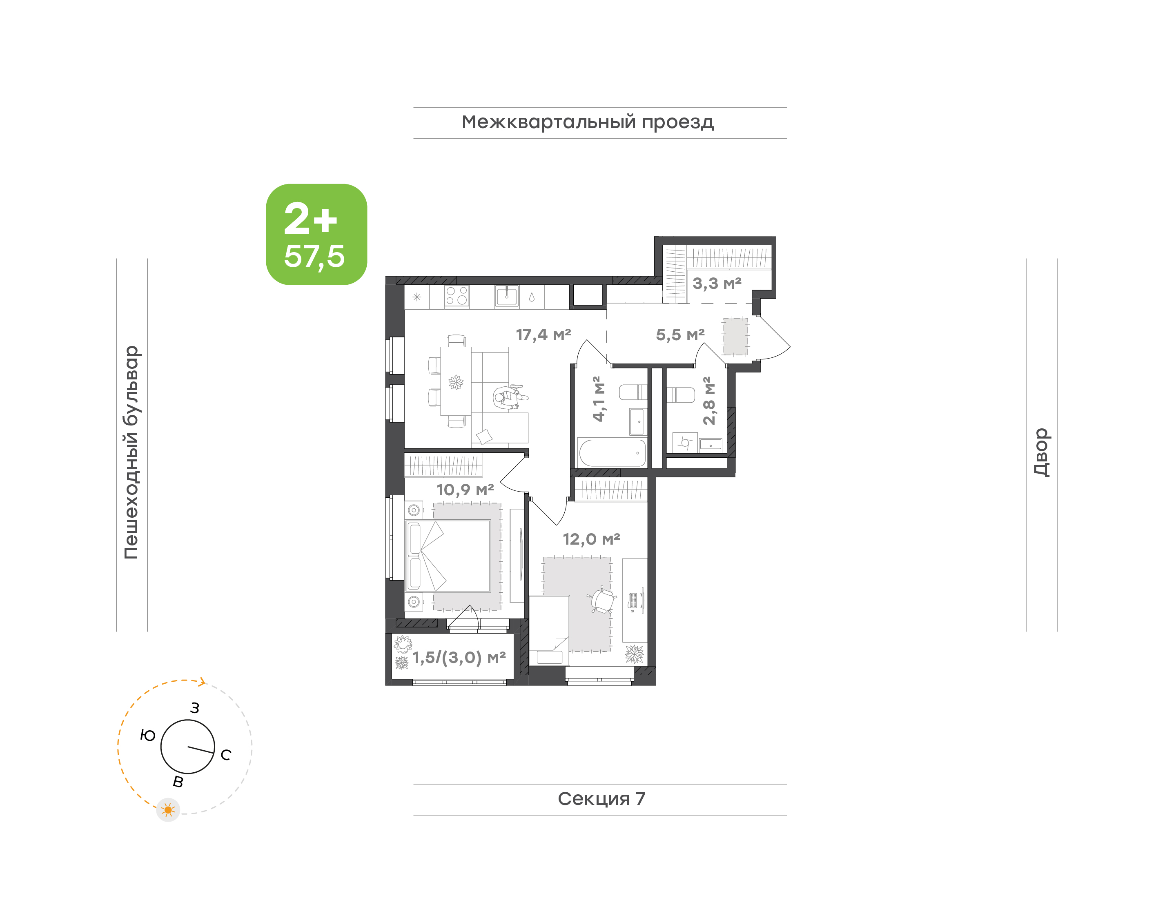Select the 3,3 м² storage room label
point(717,283)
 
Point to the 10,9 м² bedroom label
point(465,490)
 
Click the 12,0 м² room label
point(591,539)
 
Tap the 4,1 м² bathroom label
point(599,399)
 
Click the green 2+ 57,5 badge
point(316,234)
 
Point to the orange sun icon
point(168,810)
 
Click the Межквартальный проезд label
point(587,122)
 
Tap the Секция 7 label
point(601,798)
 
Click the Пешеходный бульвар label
point(131,452)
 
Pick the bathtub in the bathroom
point(612,452)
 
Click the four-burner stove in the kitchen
point(457,296)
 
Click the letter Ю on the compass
point(147,735)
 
